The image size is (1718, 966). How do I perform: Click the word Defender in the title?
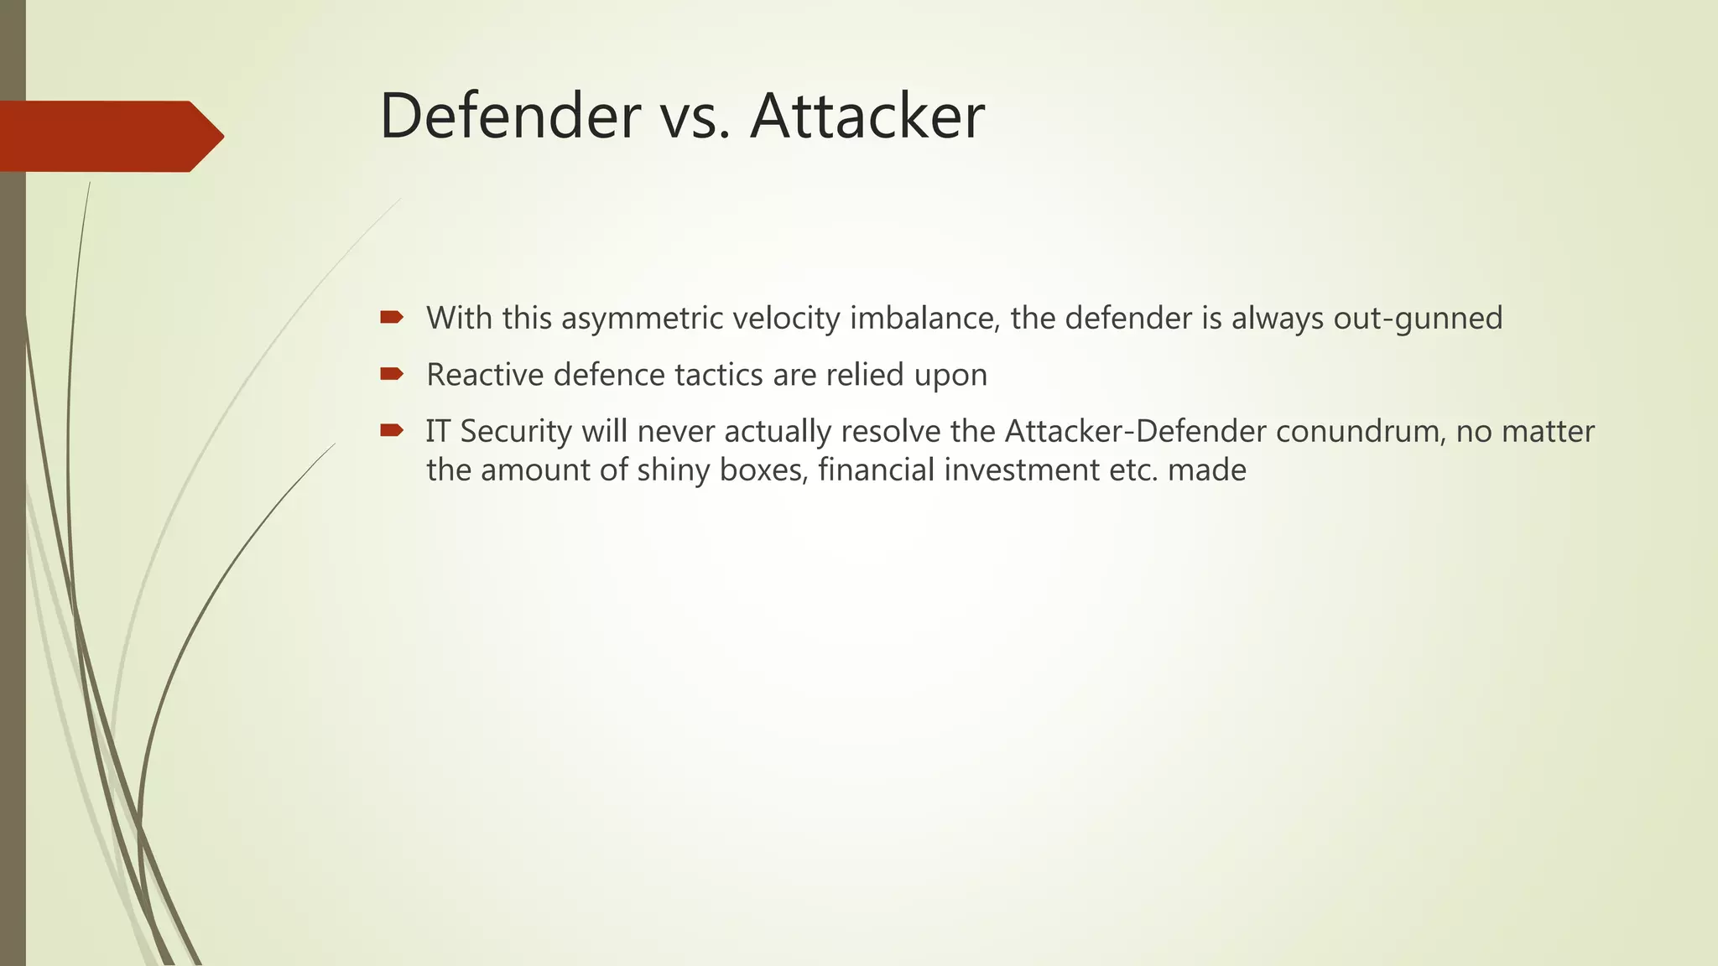[510, 116]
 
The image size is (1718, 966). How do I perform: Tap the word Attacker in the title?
[867, 116]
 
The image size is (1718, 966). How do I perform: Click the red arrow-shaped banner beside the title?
[109, 136]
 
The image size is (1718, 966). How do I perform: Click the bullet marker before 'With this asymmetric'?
[391, 317]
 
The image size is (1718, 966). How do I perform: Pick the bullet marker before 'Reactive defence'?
[391, 373]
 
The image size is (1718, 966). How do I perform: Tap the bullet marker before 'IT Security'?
[391, 430]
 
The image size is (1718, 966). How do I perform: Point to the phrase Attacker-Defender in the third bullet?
[1135, 431]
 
